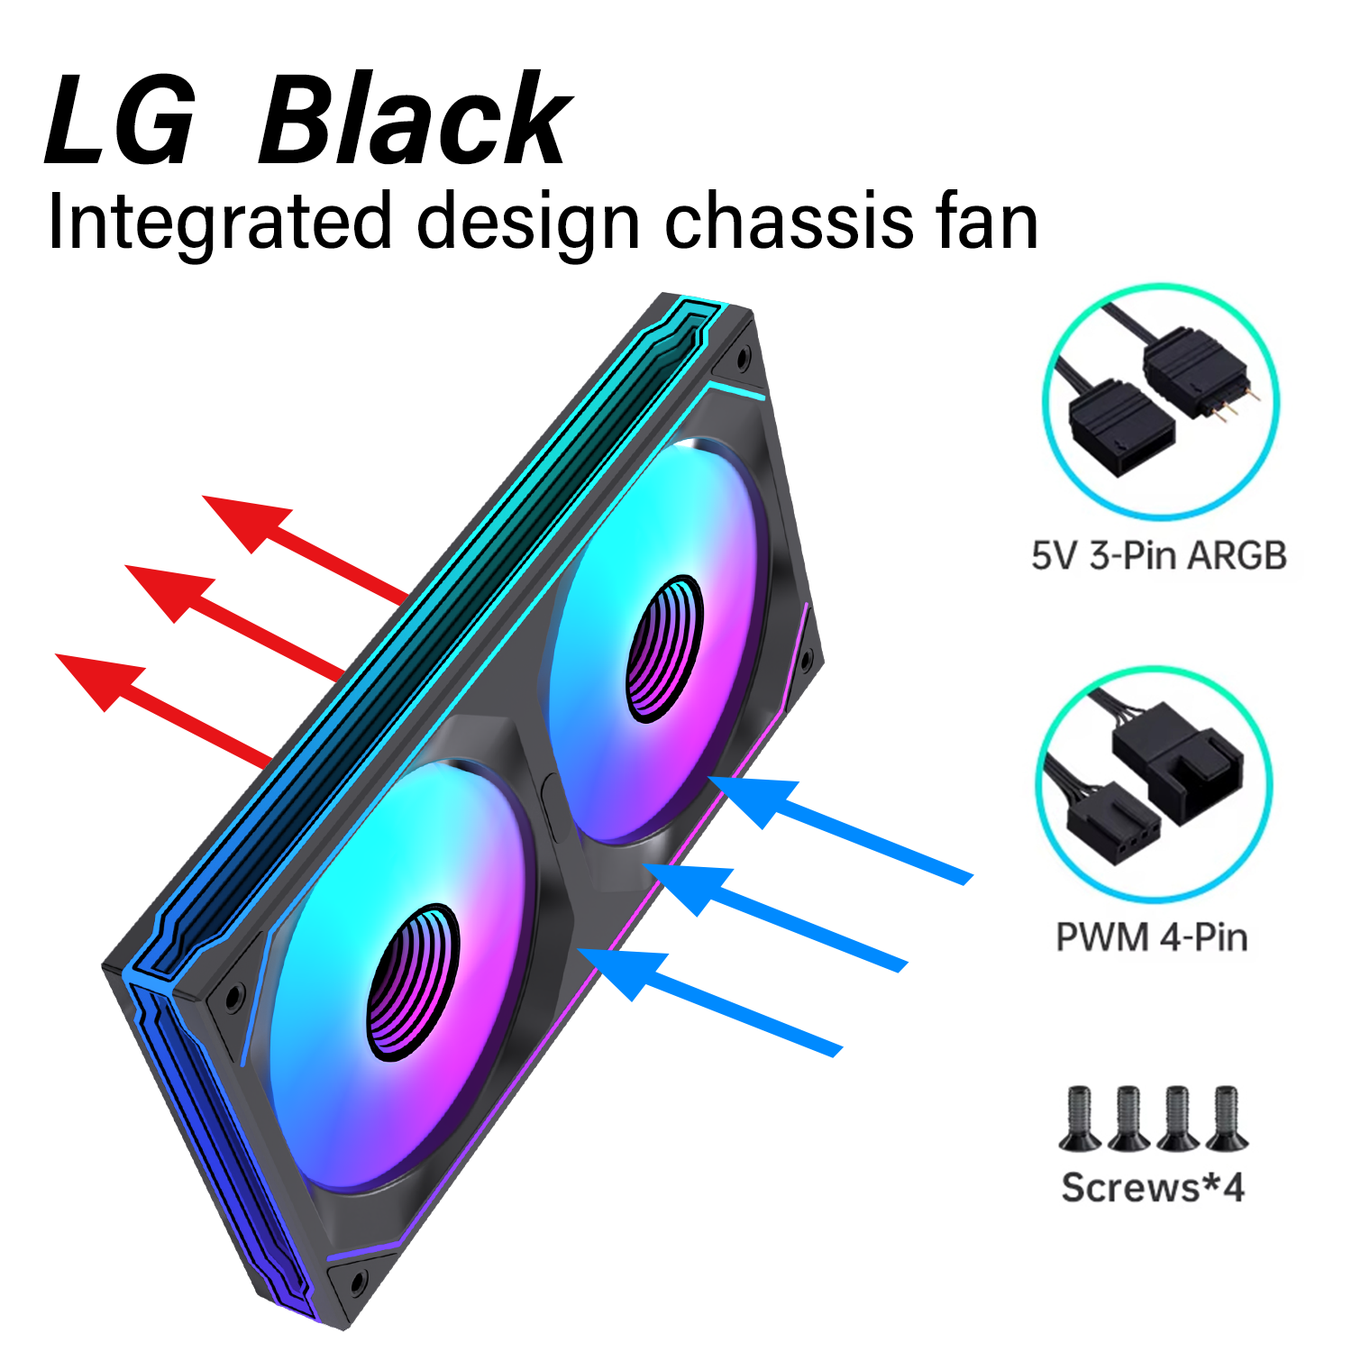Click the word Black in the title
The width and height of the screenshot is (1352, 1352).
pyautogui.click(x=415, y=119)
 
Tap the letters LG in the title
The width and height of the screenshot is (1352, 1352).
pyautogui.click(x=121, y=119)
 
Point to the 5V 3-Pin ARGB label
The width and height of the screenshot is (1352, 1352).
pyautogui.click(x=1159, y=555)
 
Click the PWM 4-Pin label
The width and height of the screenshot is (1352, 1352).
pyautogui.click(x=1151, y=937)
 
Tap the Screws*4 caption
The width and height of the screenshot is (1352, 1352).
pyautogui.click(x=1153, y=1187)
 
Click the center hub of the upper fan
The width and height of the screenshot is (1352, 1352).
pyautogui.click(x=665, y=649)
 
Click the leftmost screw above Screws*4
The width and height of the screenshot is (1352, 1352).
pyautogui.click(x=1079, y=1118)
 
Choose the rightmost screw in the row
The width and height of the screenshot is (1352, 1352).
pyautogui.click(x=1226, y=1118)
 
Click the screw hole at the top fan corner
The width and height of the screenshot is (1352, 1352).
pyautogui.click(x=743, y=358)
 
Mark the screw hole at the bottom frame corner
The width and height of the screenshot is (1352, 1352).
pyautogui.click(x=358, y=1280)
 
